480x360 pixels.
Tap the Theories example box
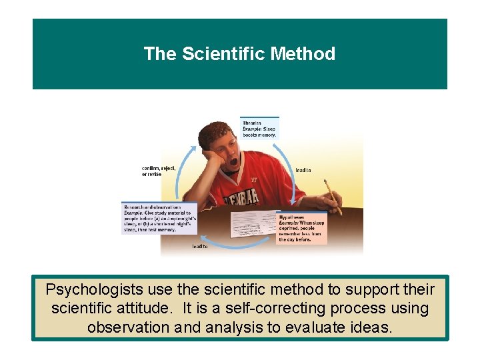pyautogui.click(x=259, y=127)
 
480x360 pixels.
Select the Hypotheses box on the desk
pyautogui.click(x=301, y=227)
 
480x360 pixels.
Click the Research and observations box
pyautogui.click(x=159, y=217)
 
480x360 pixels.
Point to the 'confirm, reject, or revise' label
pyautogui.click(x=159, y=171)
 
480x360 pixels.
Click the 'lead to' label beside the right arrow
pyautogui.click(x=303, y=171)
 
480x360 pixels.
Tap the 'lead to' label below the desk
pyautogui.click(x=200, y=247)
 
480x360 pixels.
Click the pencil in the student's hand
pyautogui.click(x=332, y=196)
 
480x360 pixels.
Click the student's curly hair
pyautogui.click(x=217, y=130)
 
